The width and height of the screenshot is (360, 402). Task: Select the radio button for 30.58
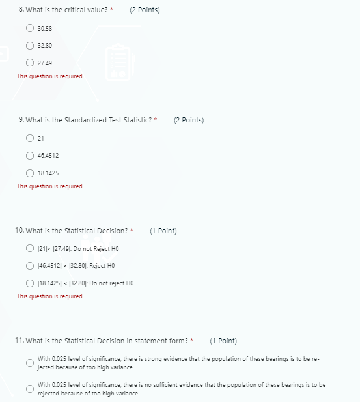tap(30, 29)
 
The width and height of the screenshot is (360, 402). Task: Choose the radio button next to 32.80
tap(30, 46)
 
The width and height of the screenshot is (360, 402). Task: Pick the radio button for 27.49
tap(30, 63)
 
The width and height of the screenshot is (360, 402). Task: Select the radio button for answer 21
tap(30, 138)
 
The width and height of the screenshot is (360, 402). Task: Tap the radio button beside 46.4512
tap(30, 156)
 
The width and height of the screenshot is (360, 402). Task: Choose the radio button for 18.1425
tap(30, 173)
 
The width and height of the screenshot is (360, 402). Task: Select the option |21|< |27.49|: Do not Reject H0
tap(30, 248)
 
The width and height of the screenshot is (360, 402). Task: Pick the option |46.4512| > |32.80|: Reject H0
tap(30, 266)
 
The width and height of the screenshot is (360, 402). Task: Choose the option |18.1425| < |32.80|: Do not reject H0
tap(30, 283)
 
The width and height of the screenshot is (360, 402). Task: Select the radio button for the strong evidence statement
tap(30, 362)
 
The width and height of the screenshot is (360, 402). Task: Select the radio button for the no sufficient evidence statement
tap(30, 388)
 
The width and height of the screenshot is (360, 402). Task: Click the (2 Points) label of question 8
tap(145, 10)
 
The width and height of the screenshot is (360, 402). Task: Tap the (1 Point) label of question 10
tap(163, 231)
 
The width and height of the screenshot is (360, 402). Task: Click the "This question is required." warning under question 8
tap(50, 76)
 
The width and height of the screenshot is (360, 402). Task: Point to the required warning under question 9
tap(50, 186)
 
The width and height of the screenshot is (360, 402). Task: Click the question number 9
tap(21, 120)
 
